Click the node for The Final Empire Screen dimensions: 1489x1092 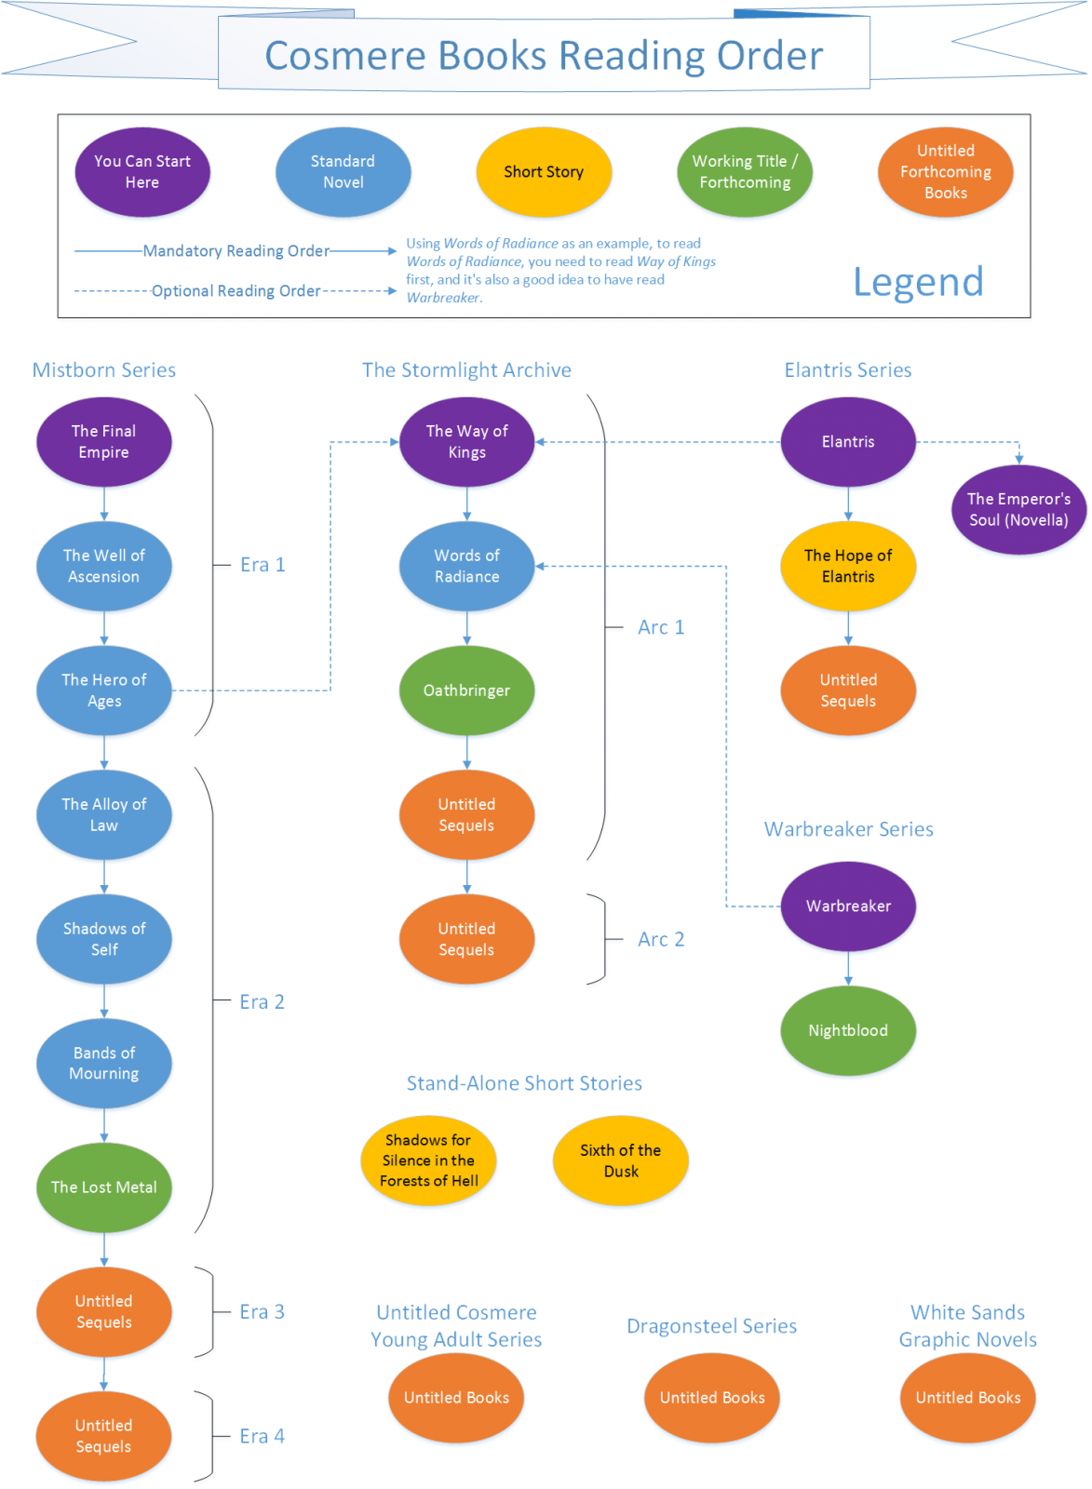pos(103,442)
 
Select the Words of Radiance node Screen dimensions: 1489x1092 pos(466,566)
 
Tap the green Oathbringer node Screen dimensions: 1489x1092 pos(466,691)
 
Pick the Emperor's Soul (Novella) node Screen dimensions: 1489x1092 pos(1018,510)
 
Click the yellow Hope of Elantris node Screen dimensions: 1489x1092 pos(847,566)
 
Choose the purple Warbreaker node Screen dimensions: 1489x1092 pos(847,906)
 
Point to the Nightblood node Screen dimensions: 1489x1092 pos(847,1030)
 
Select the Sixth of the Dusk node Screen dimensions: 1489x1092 pos(620,1160)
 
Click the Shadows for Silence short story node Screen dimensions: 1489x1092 pos(428,1160)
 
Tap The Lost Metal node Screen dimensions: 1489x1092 pos(103,1187)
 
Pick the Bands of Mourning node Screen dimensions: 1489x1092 pos(103,1063)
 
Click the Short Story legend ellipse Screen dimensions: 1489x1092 pos(544,172)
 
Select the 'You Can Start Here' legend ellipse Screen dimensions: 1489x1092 pos(142,172)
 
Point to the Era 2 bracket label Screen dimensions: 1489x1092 pos(262,1001)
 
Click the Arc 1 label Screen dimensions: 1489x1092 pos(661,627)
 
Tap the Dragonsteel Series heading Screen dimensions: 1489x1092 pos(711,1326)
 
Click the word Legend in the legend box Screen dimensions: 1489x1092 pos(918,282)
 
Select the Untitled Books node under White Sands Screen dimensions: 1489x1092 pos(967,1398)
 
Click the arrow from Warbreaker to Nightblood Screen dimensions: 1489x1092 pos(847,969)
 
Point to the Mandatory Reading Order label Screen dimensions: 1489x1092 pos(236,251)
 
